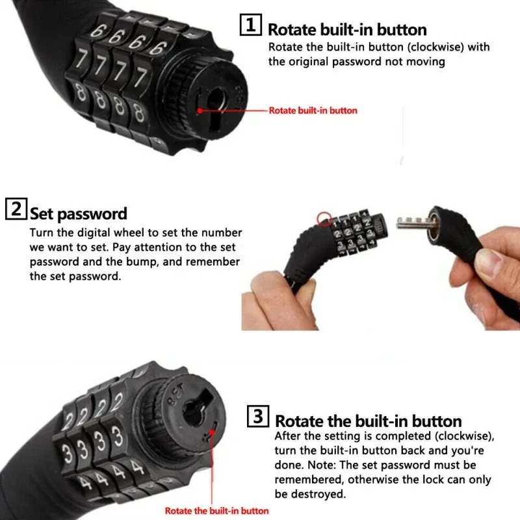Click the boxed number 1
click(251, 26)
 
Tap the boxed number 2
click(16, 210)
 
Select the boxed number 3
click(257, 417)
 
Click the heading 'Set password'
click(78, 213)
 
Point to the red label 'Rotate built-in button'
click(313, 110)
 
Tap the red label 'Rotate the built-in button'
click(216, 511)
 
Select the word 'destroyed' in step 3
click(320, 495)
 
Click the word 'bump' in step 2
click(159, 261)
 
